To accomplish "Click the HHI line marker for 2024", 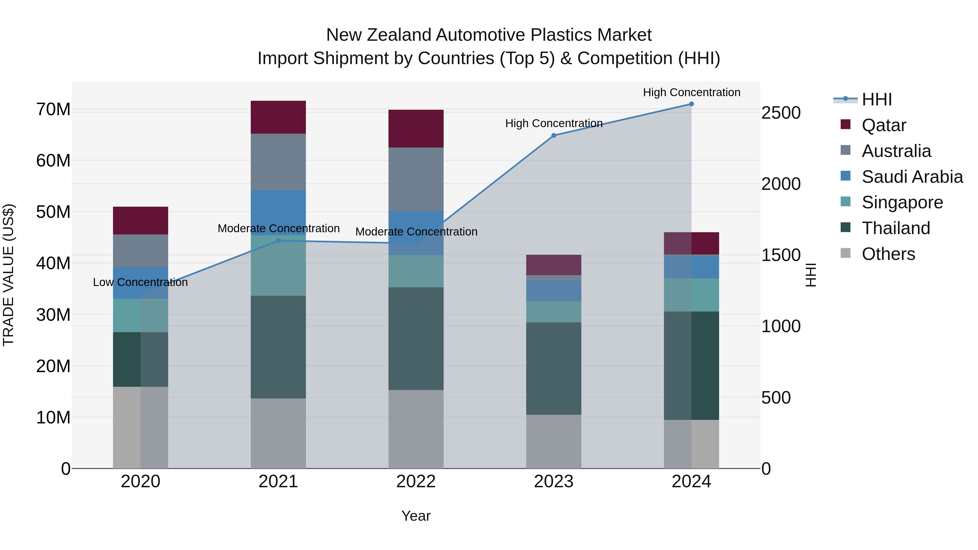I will click(x=691, y=104).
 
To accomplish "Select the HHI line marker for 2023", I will click(x=554, y=136).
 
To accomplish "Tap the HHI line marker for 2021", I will click(x=278, y=241).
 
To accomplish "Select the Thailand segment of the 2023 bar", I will click(x=554, y=368).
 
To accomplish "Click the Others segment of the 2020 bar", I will click(x=140, y=428).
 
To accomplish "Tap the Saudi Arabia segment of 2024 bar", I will click(x=691, y=267).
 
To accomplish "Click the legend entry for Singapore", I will click(x=902, y=202).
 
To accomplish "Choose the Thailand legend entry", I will click(x=896, y=228).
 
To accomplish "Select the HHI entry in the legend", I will click(x=877, y=99).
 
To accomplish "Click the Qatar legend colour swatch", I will click(x=845, y=124).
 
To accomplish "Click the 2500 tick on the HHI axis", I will click(x=781, y=113).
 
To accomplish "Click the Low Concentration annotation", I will click(x=140, y=282).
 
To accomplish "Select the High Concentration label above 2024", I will click(x=691, y=92).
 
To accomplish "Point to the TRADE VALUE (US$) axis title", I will click(x=9, y=275).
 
